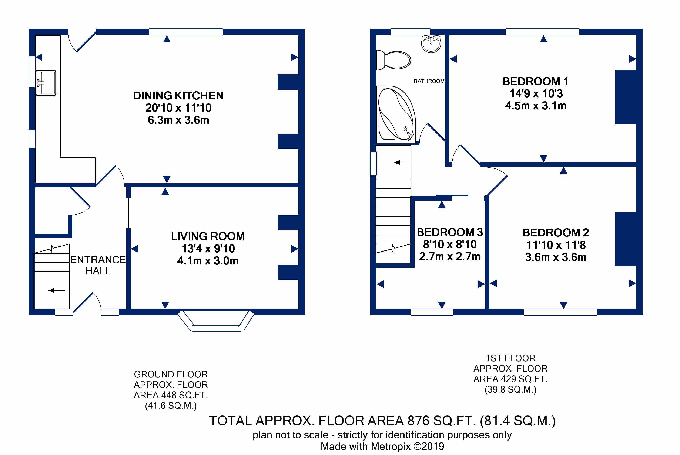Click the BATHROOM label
pos(429,81)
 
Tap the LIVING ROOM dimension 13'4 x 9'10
pos(208,248)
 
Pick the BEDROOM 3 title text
pos(450,232)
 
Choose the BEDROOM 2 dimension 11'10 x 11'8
pos(556,245)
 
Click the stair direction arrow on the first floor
pos(402,162)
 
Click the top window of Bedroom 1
pos(542,32)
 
